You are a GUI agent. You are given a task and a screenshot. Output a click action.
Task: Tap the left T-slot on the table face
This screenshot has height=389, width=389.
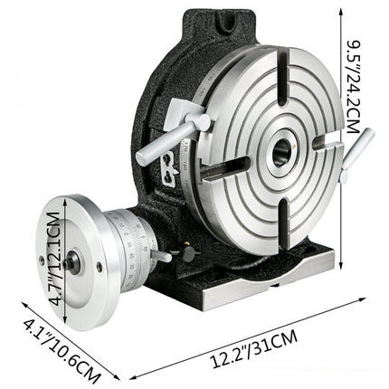(x=227, y=166)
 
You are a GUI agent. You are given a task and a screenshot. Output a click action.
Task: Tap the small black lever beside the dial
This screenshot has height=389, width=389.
(x=161, y=257)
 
